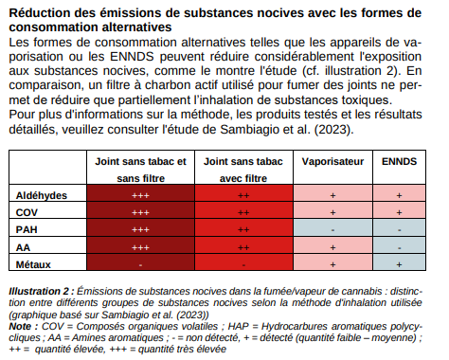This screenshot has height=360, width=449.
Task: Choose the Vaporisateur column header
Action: point(332,162)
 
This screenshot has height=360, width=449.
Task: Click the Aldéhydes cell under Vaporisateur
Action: point(332,194)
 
